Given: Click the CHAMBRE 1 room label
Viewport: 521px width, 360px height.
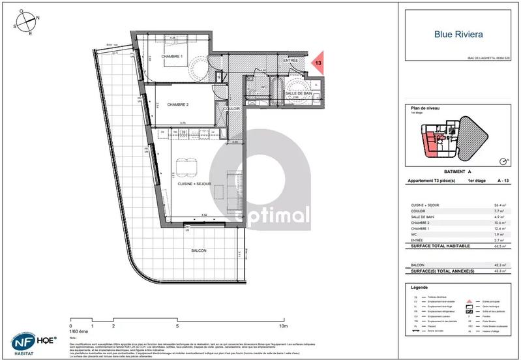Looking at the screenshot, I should [x=172, y=57].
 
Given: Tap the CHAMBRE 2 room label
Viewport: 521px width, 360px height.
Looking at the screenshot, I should [x=177, y=105].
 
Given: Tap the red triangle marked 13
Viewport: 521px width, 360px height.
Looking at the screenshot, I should [x=318, y=63].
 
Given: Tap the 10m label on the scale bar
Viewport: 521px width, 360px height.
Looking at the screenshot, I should [x=283, y=325].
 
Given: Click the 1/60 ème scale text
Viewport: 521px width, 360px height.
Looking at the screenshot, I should [x=79, y=331].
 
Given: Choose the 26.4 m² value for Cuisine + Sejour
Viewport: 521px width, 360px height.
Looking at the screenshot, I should [x=500, y=205].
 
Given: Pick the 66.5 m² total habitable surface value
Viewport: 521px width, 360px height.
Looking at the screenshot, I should [x=500, y=247].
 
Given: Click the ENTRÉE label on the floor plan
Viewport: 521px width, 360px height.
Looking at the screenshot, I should [x=290, y=61].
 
